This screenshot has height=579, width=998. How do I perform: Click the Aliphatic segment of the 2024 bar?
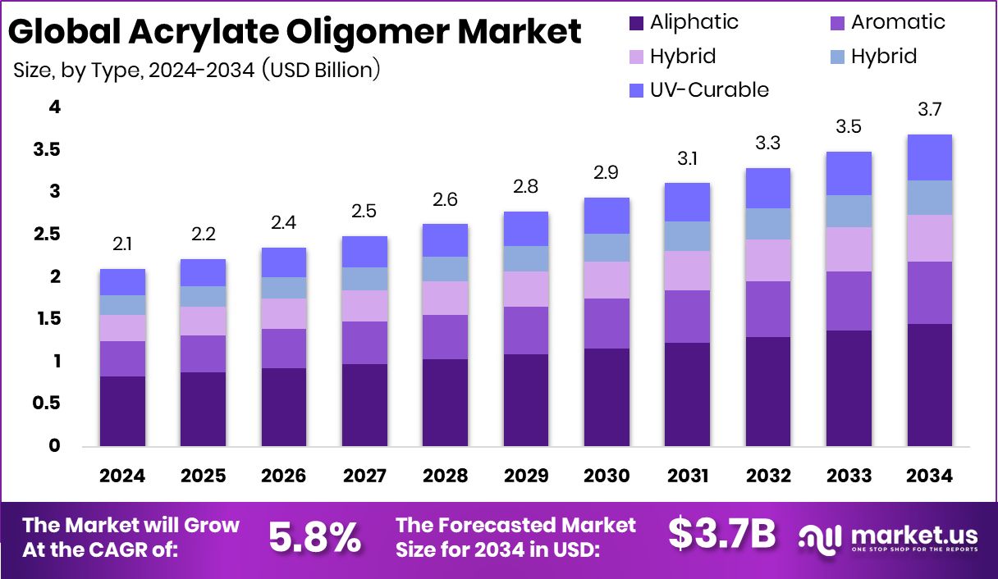click(x=122, y=411)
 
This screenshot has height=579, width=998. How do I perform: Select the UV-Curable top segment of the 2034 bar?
click(x=929, y=157)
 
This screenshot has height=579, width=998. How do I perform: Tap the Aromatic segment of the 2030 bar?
click(x=607, y=323)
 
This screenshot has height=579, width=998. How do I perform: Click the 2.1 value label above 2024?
click(x=122, y=243)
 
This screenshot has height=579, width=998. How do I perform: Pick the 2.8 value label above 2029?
click(x=526, y=186)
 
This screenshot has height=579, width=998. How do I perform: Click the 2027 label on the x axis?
click(x=364, y=476)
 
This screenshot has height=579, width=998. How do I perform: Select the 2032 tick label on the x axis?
click(x=768, y=476)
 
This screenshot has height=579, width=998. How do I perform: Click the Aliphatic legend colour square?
click(x=636, y=23)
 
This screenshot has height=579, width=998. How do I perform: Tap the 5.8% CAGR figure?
click(x=315, y=537)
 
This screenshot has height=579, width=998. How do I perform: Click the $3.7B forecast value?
click(x=721, y=535)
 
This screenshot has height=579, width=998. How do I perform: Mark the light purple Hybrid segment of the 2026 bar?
click(x=284, y=313)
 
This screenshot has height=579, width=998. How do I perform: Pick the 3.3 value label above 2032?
click(x=768, y=143)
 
